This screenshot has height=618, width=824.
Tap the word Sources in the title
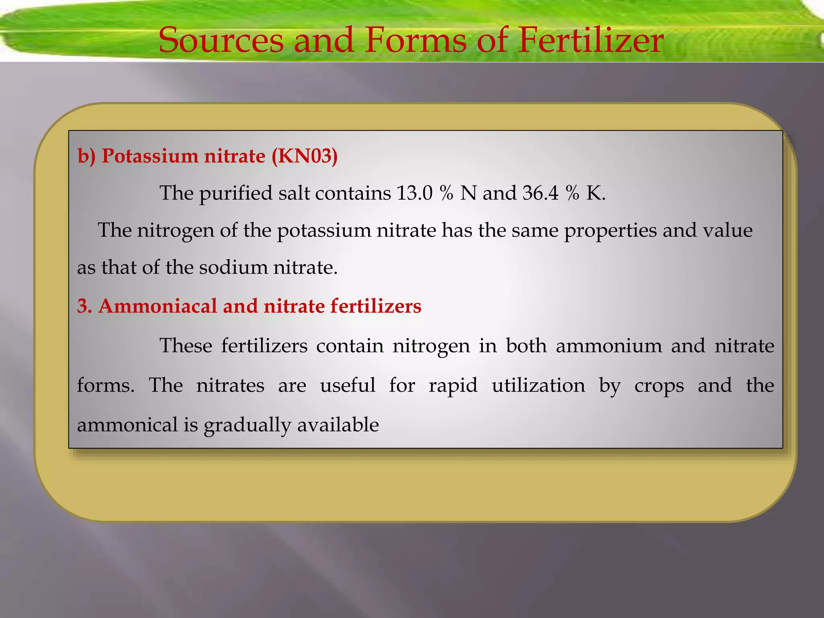221,40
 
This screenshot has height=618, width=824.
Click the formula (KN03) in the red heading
305,156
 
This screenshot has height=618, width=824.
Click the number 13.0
414,193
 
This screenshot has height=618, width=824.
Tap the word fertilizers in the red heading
376,306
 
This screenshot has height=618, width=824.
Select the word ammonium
609,346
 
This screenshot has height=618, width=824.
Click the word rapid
453,386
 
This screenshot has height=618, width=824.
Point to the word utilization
538,386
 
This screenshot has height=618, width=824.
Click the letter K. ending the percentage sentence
595,193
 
